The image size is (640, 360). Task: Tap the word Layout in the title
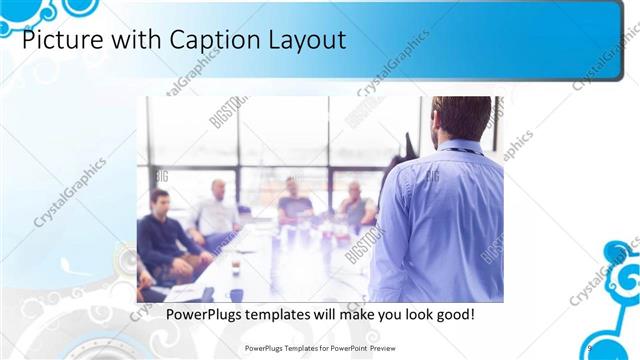pyautogui.click(x=304, y=41)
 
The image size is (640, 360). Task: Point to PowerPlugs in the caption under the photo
pyautogui.click(x=202, y=315)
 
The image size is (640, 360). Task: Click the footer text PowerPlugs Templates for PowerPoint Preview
pyautogui.click(x=319, y=347)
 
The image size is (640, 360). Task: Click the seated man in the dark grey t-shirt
pyautogui.click(x=294, y=201)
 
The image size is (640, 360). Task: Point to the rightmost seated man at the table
pyautogui.click(x=354, y=204)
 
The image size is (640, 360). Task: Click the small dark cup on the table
pyautogui.click(x=235, y=269)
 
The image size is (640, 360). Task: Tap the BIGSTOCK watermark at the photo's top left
pyautogui.click(x=222, y=116)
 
